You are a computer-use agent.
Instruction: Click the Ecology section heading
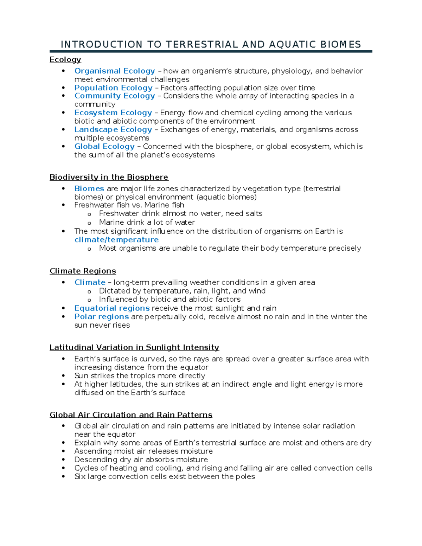[65, 60]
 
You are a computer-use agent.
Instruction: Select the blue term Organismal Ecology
[115, 71]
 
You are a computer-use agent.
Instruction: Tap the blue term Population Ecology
[113, 88]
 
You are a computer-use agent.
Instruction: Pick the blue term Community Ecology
[115, 96]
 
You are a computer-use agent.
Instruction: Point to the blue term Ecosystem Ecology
[113, 113]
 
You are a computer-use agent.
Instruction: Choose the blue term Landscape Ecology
[113, 130]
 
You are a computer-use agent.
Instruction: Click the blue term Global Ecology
[104, 147]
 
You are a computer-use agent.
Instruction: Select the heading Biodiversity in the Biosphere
[109, 177]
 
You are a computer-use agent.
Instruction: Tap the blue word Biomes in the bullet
[89, 189]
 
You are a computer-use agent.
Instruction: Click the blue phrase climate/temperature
[116, 240]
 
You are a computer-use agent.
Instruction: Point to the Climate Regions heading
[83, 271]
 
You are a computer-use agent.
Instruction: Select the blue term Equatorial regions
[112, 308]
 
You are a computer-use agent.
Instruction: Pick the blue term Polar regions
[102, 317]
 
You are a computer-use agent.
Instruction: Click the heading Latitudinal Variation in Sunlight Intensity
[134, 348]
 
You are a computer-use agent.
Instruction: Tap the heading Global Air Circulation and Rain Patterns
[131, 415]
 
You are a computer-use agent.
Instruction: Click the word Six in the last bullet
[80, 477]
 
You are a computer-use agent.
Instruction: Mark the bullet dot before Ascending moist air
[63, 451]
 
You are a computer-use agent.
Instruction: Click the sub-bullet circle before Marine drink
[89, 223]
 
